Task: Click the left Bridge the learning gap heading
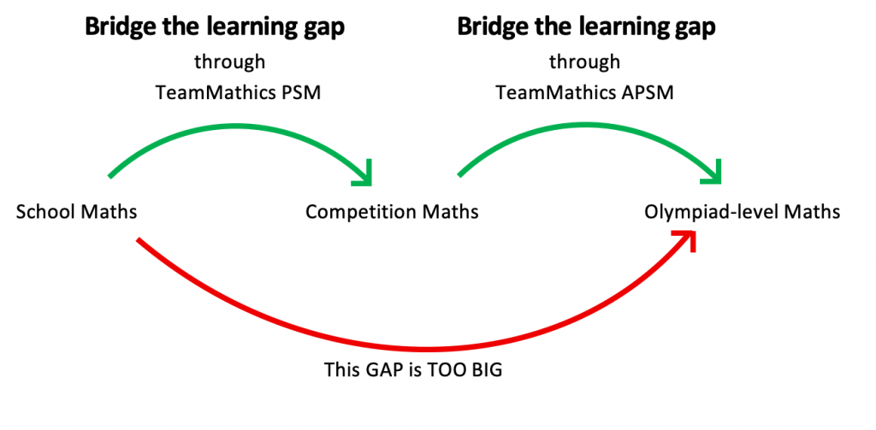[x=215, y=27]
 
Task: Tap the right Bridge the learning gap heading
[x=586, y=27]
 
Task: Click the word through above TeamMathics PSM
[x=229, y=62]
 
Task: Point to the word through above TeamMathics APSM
[x=584, y=62]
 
